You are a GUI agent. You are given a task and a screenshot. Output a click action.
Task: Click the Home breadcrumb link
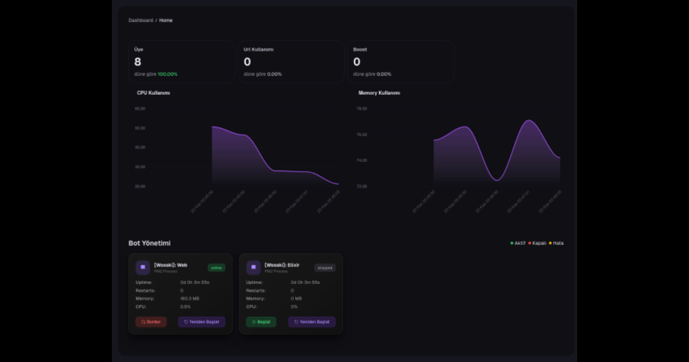point(166,20)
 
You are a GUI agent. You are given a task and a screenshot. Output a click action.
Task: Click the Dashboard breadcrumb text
point(141,20)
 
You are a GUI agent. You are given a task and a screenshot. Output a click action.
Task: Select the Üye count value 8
point(138,62)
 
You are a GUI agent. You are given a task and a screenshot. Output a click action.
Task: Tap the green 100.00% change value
point(168,74)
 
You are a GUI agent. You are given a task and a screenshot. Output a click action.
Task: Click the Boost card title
point(360,49)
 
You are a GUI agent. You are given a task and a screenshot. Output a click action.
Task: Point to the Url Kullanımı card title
point(258,49)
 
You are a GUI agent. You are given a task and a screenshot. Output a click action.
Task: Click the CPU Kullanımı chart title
point(153,93)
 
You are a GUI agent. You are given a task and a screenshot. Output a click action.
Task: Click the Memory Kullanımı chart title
point(379,93)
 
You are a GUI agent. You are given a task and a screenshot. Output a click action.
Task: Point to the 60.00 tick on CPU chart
point(140,109)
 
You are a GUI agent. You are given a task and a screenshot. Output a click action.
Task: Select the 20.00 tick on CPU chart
point(140,187)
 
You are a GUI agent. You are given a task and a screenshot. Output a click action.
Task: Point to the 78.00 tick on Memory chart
point(361,109)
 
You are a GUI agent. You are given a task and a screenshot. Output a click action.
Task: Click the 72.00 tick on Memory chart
point(361,187)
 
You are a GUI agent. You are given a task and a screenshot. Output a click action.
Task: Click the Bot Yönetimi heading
point(149,244)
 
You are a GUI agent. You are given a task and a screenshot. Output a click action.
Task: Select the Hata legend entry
point(558,243)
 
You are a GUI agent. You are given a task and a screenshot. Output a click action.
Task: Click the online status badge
point(216,268)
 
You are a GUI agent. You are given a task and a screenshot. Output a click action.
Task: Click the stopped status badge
point(325,268)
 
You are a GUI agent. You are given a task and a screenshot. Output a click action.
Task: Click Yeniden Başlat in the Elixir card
point(312,322)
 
